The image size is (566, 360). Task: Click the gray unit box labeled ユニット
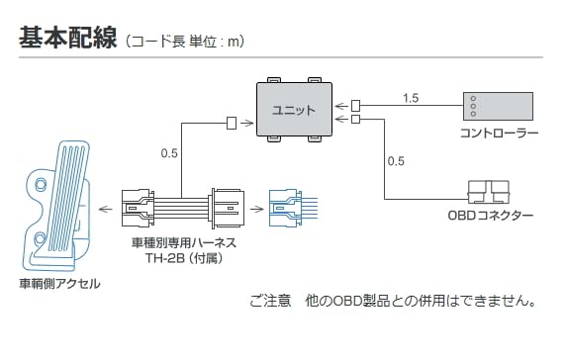click(294, 110)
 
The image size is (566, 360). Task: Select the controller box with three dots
click(498, 106)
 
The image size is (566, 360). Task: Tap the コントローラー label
click(500, 134)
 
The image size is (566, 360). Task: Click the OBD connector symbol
click(489, 193)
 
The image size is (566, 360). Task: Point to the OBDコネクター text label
click(490, 216)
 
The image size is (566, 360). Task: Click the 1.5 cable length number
click(411, 98)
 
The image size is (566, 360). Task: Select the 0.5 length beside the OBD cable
click(396, 161)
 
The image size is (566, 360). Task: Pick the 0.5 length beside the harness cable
click(169, 153)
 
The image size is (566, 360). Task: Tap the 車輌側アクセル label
click(60, 284)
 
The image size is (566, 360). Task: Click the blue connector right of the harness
click(293, 208)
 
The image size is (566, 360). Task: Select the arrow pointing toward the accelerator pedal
click(106, 209)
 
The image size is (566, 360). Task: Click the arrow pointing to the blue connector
click(256, 209)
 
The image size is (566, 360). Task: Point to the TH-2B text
click(165, 258)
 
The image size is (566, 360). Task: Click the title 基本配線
click(68, 38)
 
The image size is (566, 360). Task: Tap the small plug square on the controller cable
click(355, 106)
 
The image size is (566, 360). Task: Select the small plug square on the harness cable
click(232, 123)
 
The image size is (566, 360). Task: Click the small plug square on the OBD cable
click(355, 119)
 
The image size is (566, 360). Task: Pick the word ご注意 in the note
click(270, 301)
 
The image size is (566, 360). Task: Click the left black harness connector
click(138, 208)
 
